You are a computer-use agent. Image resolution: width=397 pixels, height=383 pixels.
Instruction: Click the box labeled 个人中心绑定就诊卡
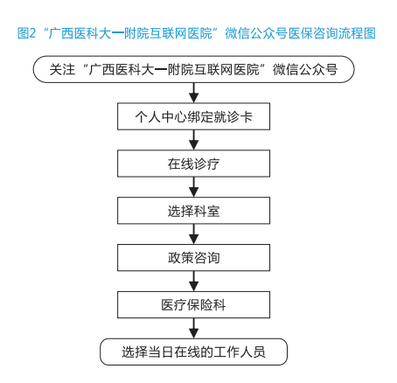pos(193,116)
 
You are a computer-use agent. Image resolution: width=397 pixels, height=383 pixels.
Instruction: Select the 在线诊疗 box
pos(193,164)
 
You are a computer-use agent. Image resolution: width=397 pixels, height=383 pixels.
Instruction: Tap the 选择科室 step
pos(193,211)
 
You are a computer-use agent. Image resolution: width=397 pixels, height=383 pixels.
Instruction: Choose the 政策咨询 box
pos(193,258)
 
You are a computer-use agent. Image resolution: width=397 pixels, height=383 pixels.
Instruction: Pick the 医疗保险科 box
pos(193,304)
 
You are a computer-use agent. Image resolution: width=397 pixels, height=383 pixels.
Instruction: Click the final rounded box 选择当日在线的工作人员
pos(193,352)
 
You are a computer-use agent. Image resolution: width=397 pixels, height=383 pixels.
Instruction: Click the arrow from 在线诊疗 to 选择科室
pos(193,187)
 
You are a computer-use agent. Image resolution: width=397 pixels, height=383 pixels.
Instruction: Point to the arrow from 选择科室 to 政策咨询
pos(193,234)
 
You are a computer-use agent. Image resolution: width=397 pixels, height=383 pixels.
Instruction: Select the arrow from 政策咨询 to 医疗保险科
pos(193,282)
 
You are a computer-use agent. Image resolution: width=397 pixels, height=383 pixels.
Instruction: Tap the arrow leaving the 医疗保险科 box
pos(193,328)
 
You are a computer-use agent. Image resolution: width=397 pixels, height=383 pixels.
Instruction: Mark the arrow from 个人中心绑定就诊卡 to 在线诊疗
pos(193,140)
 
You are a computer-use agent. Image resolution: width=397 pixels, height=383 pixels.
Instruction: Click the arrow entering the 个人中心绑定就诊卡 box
pos(193,93)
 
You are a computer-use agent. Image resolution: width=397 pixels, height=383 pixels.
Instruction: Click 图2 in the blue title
pos(26,33)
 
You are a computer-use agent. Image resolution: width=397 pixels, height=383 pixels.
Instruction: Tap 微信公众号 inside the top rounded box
pos(305,70)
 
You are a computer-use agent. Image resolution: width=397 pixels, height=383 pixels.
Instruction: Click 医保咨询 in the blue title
pos(313,33)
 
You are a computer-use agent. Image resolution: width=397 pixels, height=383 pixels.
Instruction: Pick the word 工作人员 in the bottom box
pos(240,352)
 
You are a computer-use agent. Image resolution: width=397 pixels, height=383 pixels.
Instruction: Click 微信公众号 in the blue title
pos(256,33)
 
